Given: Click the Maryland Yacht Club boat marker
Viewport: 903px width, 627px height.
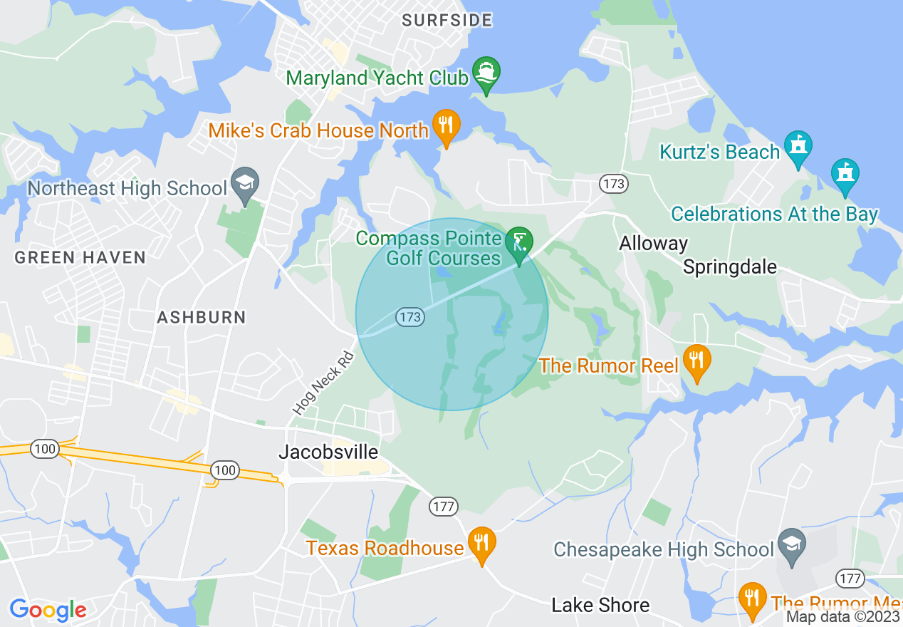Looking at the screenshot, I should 486,73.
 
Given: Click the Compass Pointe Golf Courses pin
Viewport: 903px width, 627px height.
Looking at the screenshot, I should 519,244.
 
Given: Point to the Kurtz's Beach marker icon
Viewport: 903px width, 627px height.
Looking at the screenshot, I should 798,147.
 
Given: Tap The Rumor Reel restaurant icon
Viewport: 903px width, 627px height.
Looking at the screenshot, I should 697,361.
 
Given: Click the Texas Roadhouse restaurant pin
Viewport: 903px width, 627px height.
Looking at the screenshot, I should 481,544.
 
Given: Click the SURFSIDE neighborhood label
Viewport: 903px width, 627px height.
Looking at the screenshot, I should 447,20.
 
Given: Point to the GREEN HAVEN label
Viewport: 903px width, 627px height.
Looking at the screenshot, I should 80,257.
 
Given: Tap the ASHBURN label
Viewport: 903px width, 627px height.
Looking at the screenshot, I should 202,317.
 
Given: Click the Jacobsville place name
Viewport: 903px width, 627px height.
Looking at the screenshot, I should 328,452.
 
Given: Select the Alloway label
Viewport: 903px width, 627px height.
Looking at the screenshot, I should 653,244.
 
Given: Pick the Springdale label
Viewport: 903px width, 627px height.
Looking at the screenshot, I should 729,267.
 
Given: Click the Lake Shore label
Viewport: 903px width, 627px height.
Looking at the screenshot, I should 600,605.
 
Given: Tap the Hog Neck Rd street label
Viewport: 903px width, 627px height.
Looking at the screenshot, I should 323,384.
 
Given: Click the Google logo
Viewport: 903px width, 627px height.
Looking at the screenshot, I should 48,610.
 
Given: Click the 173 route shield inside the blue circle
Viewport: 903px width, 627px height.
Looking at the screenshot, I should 410,317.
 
